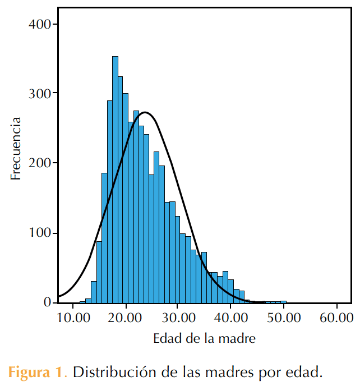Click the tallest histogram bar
point(115,180)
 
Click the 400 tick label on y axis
point(39,24)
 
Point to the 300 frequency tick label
point(39,94)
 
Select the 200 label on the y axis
point(39,163)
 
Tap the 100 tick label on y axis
point(39,233)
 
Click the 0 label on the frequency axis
point(47,302)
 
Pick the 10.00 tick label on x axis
point(73,318)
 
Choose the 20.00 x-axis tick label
point(124,318)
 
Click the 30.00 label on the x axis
point(178,318)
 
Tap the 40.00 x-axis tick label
point(231,318)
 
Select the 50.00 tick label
point(284,318)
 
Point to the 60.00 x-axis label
point(336,318)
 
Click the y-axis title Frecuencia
point(15,149)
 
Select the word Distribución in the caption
point(115,372)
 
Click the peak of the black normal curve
point(145,113)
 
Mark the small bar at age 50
point(284,302)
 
